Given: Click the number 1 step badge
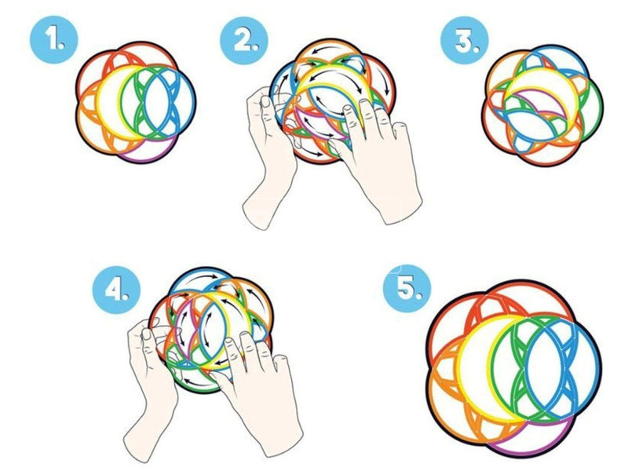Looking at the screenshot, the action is (x=54, y=40).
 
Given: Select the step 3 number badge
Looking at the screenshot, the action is (x=465, y=40).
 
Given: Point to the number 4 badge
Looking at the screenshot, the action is (x=116, y=290).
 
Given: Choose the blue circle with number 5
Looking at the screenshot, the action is (x=407, y=288).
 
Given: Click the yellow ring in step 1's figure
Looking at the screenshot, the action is (x=97, y=104).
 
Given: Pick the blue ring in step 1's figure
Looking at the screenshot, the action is (x=195, y=104).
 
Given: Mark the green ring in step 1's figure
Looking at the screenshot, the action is (x=121, y=104).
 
